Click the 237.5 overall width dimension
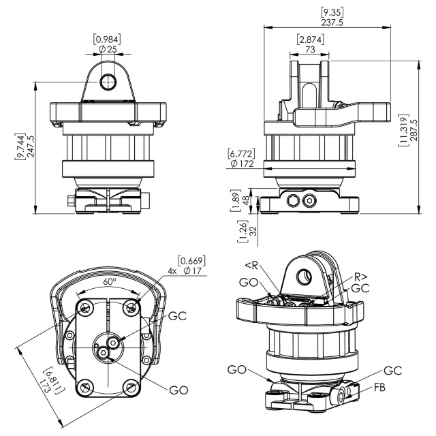coord(332,22)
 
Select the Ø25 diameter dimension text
coord(108,50)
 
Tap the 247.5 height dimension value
coord(30,146)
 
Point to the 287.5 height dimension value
coord(414,131)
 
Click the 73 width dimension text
coord(310,50)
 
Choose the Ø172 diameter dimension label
coord(242,163)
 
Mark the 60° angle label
coord(109,281)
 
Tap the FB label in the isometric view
coord(379,388)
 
